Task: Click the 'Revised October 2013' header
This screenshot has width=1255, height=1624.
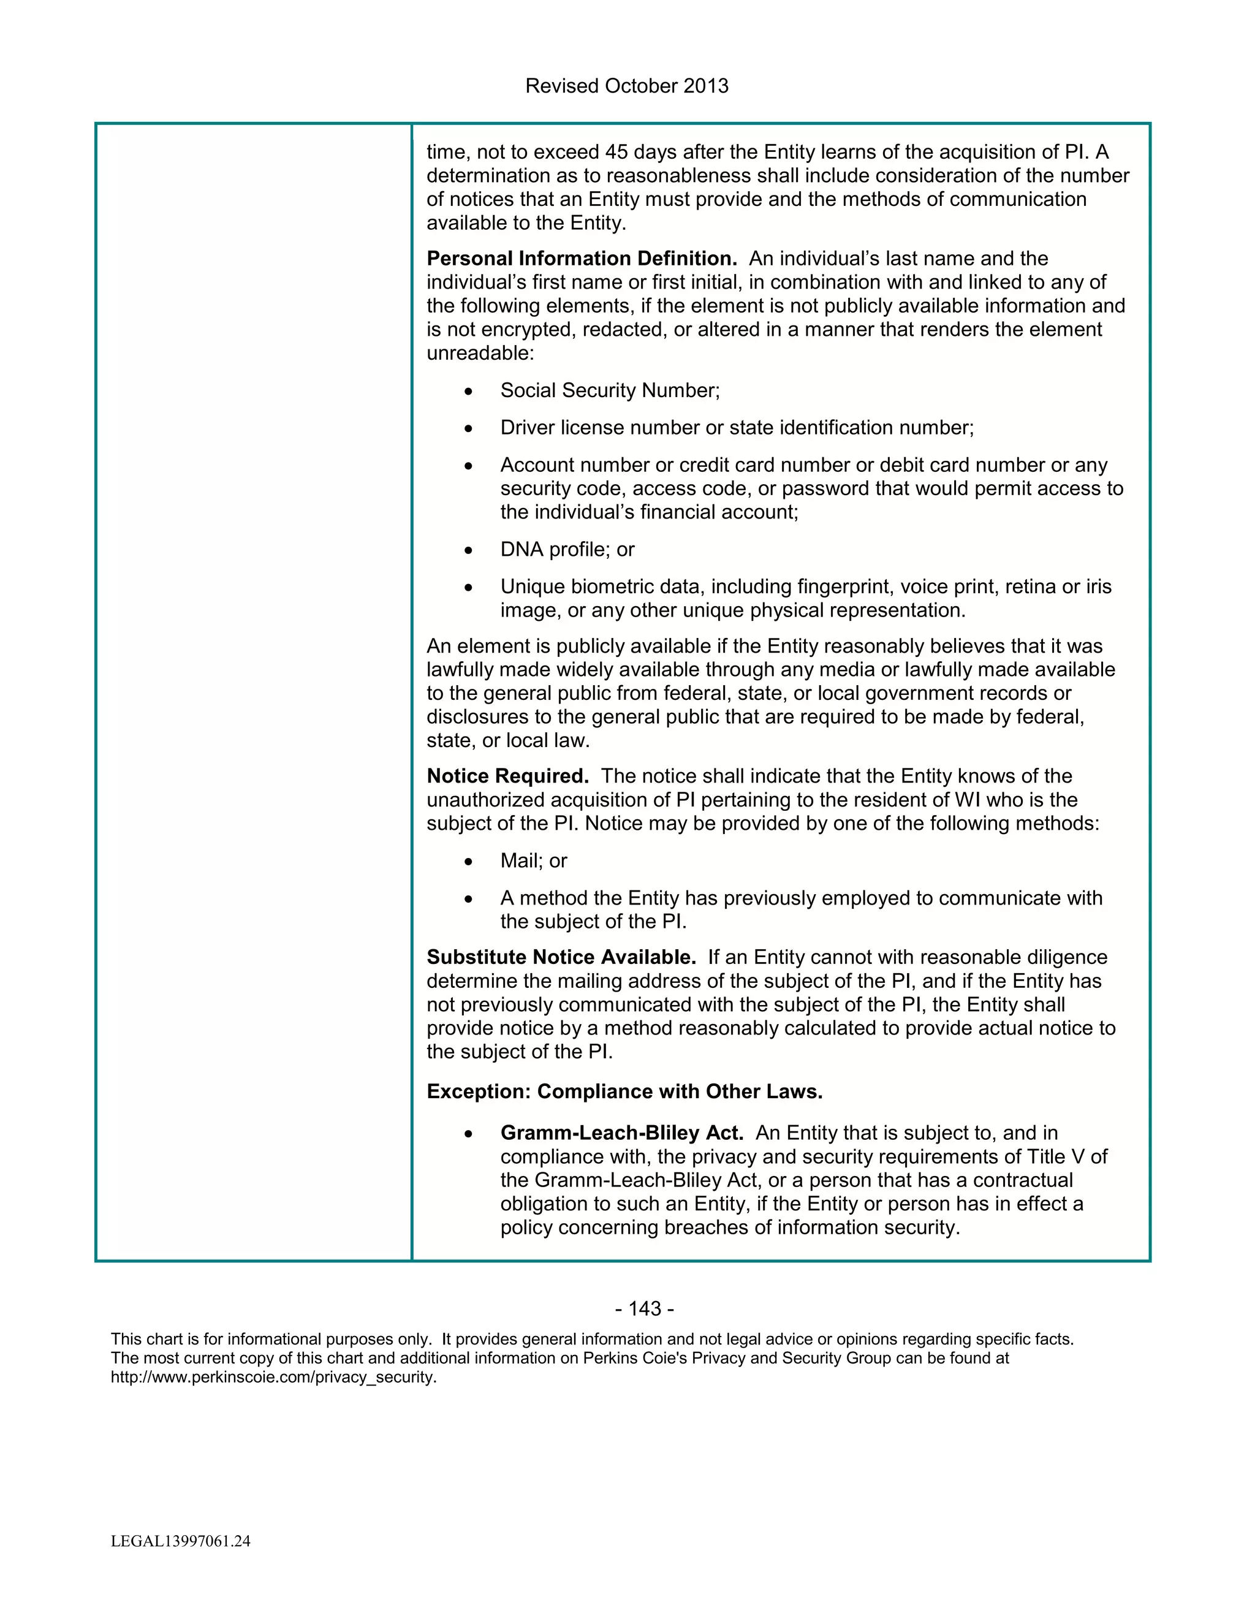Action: coord(626,86)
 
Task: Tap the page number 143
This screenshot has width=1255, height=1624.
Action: coord(645,1309)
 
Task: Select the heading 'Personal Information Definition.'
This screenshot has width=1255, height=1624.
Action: coord(582,259)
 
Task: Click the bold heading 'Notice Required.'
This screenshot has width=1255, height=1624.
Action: coord(507,776)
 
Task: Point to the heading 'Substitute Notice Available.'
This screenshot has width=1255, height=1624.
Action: coord(561,958)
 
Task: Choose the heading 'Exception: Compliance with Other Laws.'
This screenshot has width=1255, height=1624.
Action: coord(624,1091)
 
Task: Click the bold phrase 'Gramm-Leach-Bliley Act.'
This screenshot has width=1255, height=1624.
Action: coord(621,1133)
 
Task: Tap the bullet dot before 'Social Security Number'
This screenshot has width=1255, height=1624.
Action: coord(468,392)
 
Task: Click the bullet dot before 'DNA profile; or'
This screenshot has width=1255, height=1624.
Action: coord(468,551)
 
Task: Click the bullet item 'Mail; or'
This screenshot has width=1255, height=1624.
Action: coord(533,861)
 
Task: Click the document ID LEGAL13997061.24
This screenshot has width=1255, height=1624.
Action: coord(181,1541)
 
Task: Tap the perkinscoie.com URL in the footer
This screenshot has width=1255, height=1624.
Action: coord(273,1377)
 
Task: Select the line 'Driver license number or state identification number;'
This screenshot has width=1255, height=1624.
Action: coord(736,428)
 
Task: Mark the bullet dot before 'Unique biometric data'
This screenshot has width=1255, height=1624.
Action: coord(468,588)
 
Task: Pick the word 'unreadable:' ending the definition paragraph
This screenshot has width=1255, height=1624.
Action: coord(480,353)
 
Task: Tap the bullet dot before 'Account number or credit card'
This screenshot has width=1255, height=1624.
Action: coord(468,466)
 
